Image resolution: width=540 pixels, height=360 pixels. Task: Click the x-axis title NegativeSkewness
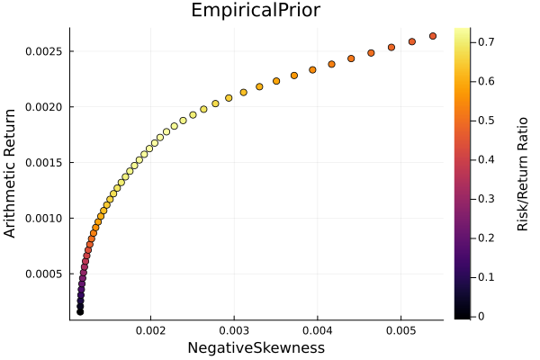[x=256, y=347]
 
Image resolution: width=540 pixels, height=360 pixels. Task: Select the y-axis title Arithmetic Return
[x=11, y=174]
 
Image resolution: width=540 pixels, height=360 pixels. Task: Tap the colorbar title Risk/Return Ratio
[x=522, y=174]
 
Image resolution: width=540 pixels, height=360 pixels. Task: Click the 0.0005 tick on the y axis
[x=43, y=274]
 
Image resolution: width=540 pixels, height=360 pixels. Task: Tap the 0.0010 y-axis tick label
[x=43, y=218]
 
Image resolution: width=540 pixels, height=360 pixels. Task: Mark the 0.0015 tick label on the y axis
[x=43, y=162]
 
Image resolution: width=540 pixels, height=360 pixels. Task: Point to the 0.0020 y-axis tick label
[x=43, y=107]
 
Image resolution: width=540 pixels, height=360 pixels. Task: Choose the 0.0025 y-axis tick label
[x=43, y=51]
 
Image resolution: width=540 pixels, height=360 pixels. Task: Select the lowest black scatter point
[x=80, y=311]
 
